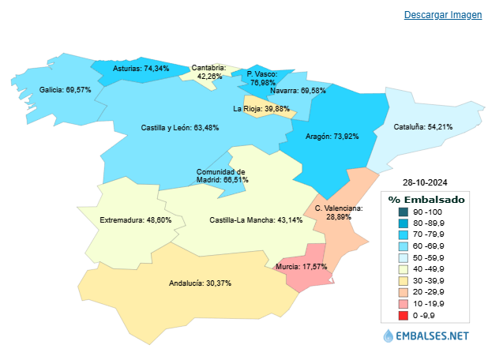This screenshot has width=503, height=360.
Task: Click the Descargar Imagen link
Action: [442, 16]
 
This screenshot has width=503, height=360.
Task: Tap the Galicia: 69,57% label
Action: [66, 90]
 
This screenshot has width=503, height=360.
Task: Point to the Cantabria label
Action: [209, 72]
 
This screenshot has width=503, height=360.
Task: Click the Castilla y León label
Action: [180, 127]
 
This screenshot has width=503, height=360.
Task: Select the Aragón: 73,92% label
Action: [332, 136]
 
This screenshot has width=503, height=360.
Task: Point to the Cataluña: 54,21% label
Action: [424, 126]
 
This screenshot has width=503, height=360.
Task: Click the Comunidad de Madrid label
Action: [222, 175]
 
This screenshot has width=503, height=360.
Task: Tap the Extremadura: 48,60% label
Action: [137, 220]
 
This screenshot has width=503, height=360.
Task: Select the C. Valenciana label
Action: [339, 212]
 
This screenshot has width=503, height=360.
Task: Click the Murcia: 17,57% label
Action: [301, 267]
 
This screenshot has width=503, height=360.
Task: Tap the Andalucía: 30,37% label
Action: [201, 283]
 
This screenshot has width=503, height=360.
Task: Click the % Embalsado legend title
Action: [426, 200]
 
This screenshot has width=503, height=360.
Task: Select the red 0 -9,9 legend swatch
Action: [404, 316]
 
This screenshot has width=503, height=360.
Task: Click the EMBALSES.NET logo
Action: [426, 336]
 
